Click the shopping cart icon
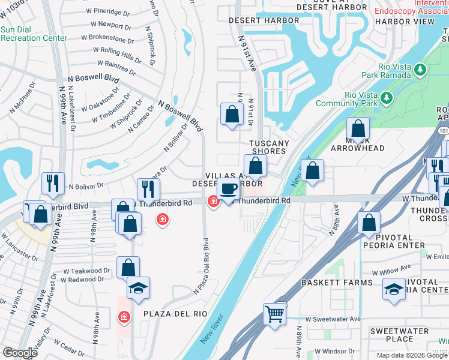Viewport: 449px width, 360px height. (x=274, y=313)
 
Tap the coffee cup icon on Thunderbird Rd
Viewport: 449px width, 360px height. (x=228, y=189)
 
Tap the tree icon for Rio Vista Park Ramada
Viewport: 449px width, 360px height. (x=420, y=70)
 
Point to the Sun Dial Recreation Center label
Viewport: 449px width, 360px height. (x=34, y=33)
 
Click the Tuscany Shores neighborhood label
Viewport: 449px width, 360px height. (x=270, y=147)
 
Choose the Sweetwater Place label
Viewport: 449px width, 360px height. (x=394, y=335)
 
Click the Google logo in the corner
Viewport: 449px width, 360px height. (x=19, y=353)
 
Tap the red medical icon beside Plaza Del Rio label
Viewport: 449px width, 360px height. (x=124, y=316)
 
